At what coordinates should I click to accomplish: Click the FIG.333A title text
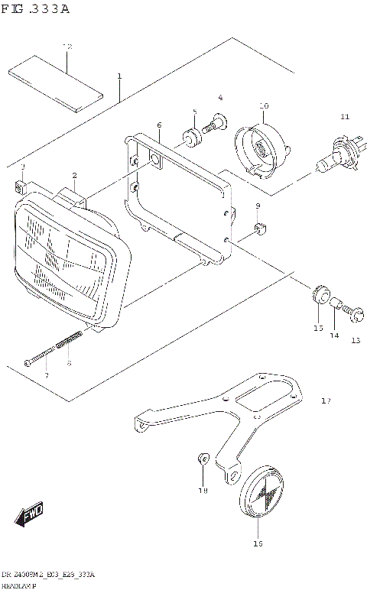tap(35, 9)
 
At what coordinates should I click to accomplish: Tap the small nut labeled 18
tap(203, 459)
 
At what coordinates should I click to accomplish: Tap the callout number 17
tap(326, 400)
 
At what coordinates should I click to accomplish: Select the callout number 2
tap(75, 176)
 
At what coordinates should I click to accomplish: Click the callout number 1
tap(119, 76)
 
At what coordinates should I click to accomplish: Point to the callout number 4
tap(220, 98)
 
